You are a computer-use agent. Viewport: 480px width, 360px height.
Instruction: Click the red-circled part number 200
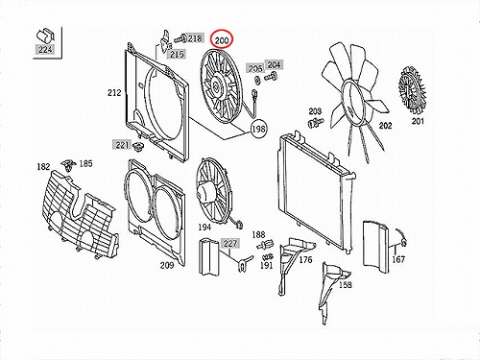(x=222, y=40)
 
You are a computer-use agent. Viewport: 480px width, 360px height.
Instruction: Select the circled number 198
(x=258, y=129)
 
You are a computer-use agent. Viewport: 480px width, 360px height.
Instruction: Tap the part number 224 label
(x=45, y=50)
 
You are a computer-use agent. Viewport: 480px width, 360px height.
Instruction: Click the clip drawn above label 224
(x=46, y=36)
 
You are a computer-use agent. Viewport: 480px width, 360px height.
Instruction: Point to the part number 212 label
(x=114, y=93)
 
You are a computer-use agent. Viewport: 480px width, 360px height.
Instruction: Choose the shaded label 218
(x=195, y=38)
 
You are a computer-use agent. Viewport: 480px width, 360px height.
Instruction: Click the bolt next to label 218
(x=180, y=39)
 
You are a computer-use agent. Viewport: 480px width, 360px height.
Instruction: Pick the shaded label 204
(x=274, y=65)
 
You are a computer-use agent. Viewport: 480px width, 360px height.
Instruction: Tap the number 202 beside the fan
(x=385, y=126)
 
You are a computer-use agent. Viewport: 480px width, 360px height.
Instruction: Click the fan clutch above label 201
(x=412, y=89)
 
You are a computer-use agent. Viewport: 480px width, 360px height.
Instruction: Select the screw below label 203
(x=316, y=123)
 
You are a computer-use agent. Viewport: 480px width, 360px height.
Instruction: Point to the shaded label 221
(x=122, y=145)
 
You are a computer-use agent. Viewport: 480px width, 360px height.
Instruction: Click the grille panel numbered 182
(x=80, y=214)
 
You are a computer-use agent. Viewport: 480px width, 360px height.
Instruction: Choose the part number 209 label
(x=167, y=265)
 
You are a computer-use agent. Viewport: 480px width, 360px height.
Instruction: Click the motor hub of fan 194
(x=204, y=191)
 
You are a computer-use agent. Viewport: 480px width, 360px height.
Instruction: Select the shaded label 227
(x=229, y=244)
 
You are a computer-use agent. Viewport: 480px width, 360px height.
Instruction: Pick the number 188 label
(x=258, y=235)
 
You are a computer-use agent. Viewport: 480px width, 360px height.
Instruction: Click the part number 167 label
(x=398, y=259)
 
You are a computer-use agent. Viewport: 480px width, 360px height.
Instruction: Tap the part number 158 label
(x=345, y=284)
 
